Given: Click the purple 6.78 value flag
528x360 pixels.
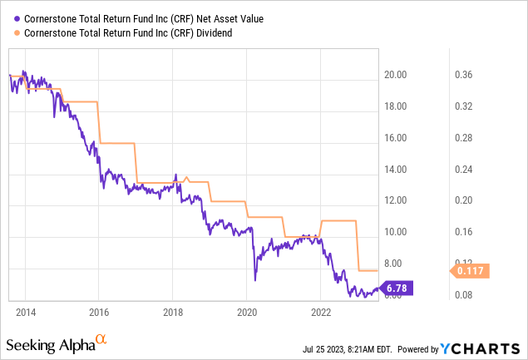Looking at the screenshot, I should point(395,288).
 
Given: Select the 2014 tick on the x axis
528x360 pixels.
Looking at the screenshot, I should point(25,312).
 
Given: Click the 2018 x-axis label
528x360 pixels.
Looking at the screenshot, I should point(172,312).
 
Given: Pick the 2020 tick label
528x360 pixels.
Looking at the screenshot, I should point(246,312).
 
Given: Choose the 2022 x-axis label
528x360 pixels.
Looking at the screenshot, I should point(321,312).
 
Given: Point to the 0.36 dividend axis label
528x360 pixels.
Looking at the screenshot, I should point(474,75).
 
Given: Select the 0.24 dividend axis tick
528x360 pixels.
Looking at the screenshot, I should point(474,170).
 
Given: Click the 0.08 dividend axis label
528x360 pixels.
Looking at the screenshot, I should point(474,295).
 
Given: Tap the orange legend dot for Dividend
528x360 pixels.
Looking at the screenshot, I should point(13,33).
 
